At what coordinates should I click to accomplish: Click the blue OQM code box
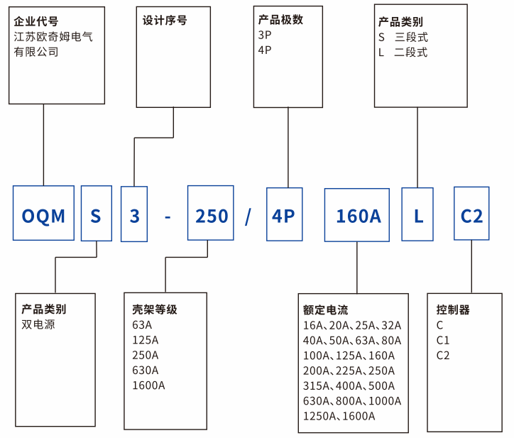click(43, 214)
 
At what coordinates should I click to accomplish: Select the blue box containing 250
click(212, 214)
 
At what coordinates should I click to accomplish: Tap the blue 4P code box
click(284, 214)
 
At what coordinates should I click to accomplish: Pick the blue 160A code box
click(358, 214)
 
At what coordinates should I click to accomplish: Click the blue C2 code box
click(471, 214)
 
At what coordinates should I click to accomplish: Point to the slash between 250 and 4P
click(248, 216)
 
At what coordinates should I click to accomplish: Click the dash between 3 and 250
click(168, 216)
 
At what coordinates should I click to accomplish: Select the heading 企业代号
click(36, 21)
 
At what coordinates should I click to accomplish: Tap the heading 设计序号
click(165, 21)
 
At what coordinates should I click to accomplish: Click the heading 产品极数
click(280, 20)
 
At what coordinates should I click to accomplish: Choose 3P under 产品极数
click(265, 35)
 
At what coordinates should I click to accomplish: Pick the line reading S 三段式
click(403, 37)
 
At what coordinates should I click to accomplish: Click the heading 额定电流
click(325, 310)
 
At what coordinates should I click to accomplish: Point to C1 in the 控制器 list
click(443, 340)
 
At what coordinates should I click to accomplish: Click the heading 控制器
click(452, 310)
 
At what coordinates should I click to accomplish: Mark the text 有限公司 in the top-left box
click(35, 52)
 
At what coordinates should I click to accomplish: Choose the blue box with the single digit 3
click(134, 214)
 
